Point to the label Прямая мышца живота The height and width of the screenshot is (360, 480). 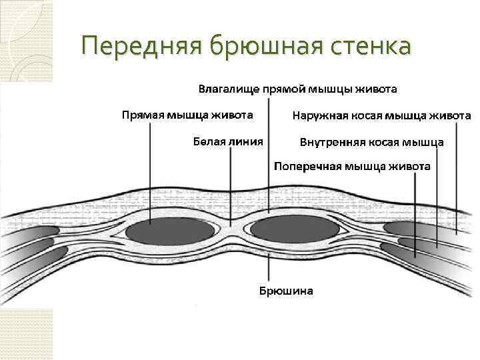[187, 115]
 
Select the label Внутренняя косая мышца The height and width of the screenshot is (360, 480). [372, 142]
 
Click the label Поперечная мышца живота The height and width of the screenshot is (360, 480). [353, 166]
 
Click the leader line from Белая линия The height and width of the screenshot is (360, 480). [231, 187]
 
